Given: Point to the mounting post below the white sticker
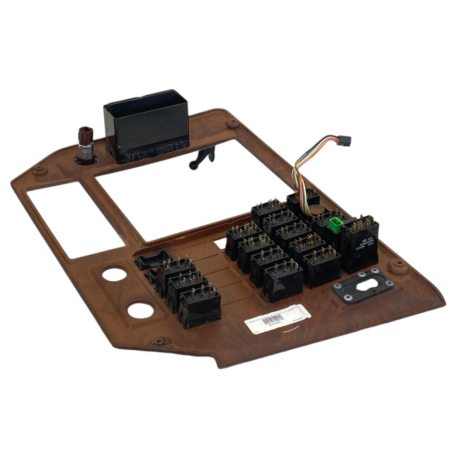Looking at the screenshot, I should [x=158, y=341].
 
